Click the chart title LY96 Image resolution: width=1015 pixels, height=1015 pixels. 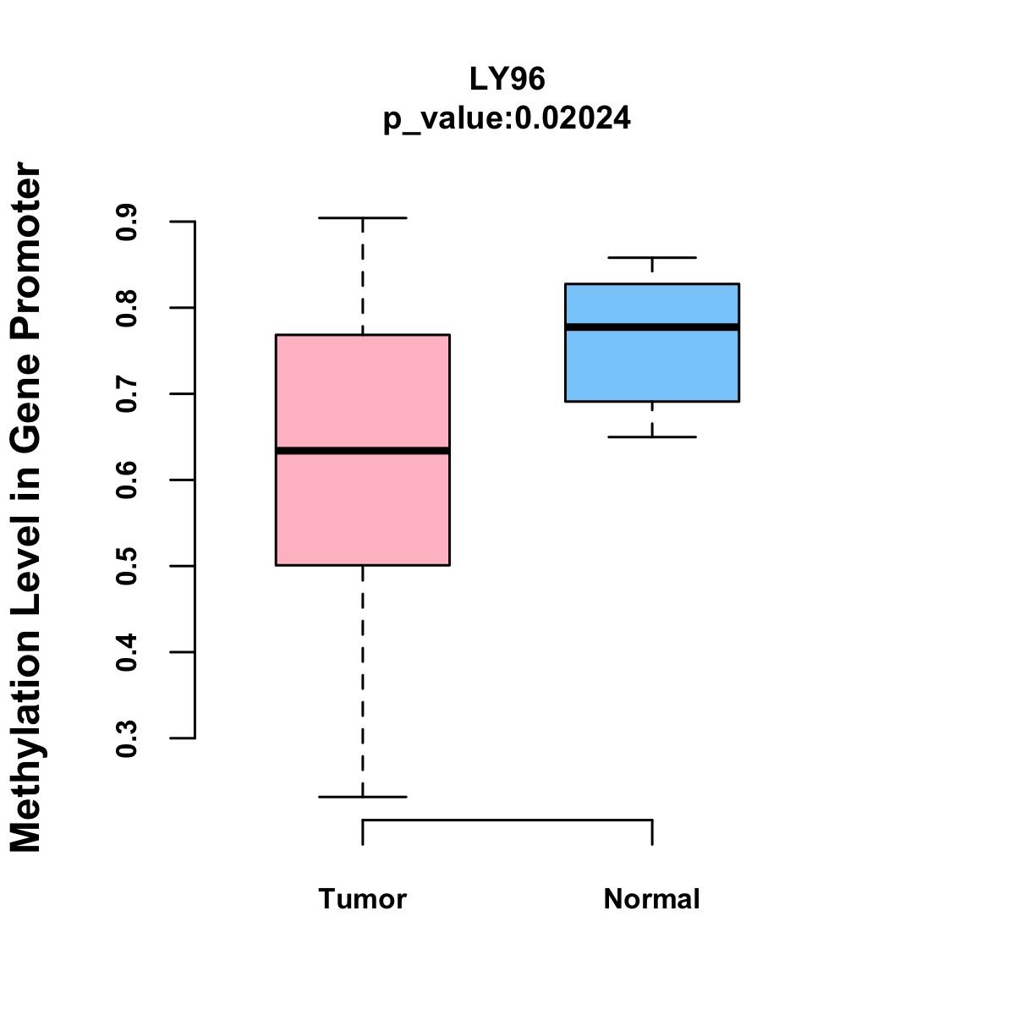click(x=507, y=80)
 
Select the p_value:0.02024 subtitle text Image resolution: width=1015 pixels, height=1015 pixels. click(x=507, y=118)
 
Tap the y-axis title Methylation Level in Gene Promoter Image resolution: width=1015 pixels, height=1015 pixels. click(x=25, y=507)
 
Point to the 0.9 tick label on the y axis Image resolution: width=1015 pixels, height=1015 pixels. click(x=127, y=222)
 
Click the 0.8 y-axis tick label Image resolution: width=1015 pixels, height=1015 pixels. click(x=127, y=308)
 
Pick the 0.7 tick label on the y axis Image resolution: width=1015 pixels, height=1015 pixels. click(x=127, y=394)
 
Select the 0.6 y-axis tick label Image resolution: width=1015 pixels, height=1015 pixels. click(x=127, y=480)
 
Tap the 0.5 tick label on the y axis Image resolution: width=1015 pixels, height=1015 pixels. click(x=127, y=566)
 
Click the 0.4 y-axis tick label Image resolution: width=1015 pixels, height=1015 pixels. click(x=127, y=652)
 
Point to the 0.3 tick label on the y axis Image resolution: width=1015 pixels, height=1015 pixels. click(x=127, y=738)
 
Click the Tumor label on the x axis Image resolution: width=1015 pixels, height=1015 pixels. click(x=363, y=899)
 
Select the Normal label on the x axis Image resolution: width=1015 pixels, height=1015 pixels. click(x=652, y=899)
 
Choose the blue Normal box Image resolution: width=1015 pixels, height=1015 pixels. click(x=652, y=364)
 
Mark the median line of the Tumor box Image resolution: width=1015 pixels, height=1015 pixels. click(x=363, y=451)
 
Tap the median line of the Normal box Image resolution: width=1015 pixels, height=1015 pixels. click(x=652, y=326)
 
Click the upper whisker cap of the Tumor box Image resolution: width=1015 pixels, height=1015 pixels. click(x=363, y=218)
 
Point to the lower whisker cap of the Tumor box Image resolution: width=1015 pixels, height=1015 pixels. click(x=363, y=797)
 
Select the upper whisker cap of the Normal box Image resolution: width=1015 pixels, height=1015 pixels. click(x=652, y=257)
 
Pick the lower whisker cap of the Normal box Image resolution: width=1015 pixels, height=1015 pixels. click(x=652, y=436)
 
